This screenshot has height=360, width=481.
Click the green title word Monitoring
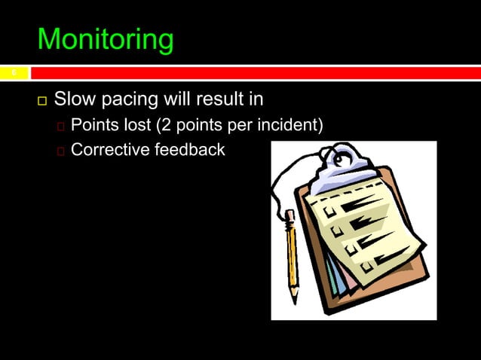click(x=105, y=40)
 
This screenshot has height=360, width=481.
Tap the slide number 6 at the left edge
click(x=13, y=73)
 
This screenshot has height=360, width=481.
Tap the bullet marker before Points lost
click(x=61, y=126)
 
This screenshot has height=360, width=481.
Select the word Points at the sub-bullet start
click(x=95, y=124)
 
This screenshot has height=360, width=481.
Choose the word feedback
click(x=189, y=150)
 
